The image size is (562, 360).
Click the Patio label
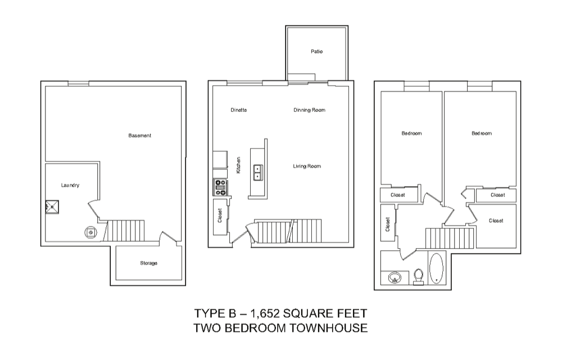[x=316, y=52]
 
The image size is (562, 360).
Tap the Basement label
[x=140, y=136]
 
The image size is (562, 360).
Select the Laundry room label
[x=70, y=186]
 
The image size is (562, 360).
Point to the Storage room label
[x=149, y=263]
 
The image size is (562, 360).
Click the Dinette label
[x=239, y=110]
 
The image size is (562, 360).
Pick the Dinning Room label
[x=309, y=110]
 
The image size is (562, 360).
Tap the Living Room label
[x=307, y=166]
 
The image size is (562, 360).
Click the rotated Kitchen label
[x=238, y=165]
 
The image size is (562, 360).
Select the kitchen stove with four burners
[x=220, y=187]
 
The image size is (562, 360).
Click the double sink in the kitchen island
[x=258, y=173]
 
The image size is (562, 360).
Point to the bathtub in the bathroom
[x=436, y=268]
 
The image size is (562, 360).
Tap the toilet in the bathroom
[x=418, y=277]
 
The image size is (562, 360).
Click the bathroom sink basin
[x=395, y=278]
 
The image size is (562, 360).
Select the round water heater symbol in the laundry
[x=90, y=232]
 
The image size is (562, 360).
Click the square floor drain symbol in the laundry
[x=52, y=207]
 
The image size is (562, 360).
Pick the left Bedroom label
[x=411, y=133]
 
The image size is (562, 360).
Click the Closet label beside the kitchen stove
[x=220, y=215]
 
